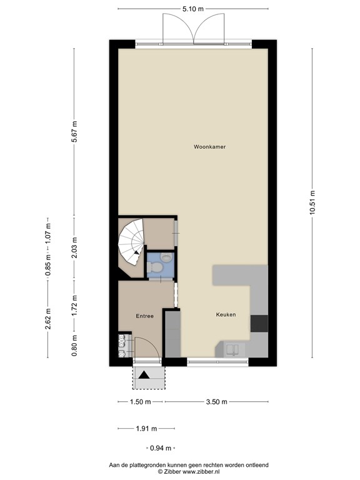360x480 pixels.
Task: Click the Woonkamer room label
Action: pos(209,147)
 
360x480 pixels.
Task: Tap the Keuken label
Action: pos(226,314)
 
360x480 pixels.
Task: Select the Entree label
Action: pos(144,316)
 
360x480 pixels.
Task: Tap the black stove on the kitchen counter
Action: pos(259,323)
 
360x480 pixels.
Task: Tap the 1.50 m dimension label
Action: pos(140,402)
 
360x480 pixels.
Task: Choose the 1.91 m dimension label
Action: pos(146,429)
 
